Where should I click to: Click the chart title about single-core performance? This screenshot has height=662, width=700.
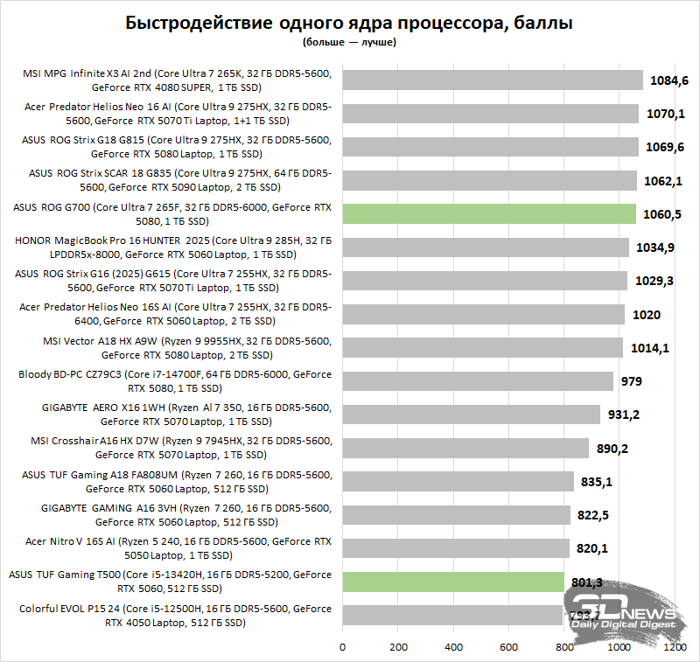coord(349,23)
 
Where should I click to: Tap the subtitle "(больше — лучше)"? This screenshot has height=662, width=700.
coord(349,42)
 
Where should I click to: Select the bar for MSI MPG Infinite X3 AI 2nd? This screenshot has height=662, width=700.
coord(493,80)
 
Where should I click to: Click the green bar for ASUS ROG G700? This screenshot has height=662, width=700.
coord(489,214)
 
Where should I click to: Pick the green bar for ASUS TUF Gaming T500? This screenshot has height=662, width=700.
coord(453,582)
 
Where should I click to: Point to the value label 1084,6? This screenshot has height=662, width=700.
coord(670,80)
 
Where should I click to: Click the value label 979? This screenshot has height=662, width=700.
coord(632,381)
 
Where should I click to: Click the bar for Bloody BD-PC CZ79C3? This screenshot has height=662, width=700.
coord(478,381)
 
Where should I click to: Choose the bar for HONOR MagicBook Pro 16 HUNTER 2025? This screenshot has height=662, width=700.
coord(486,247)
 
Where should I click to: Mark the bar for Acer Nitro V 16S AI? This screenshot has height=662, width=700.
coord(456,548)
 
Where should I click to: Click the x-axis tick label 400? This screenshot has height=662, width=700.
coord(453,648)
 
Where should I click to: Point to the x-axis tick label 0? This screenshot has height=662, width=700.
coord(342,648)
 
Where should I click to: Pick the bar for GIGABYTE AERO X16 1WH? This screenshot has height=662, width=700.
coord(471,415)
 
